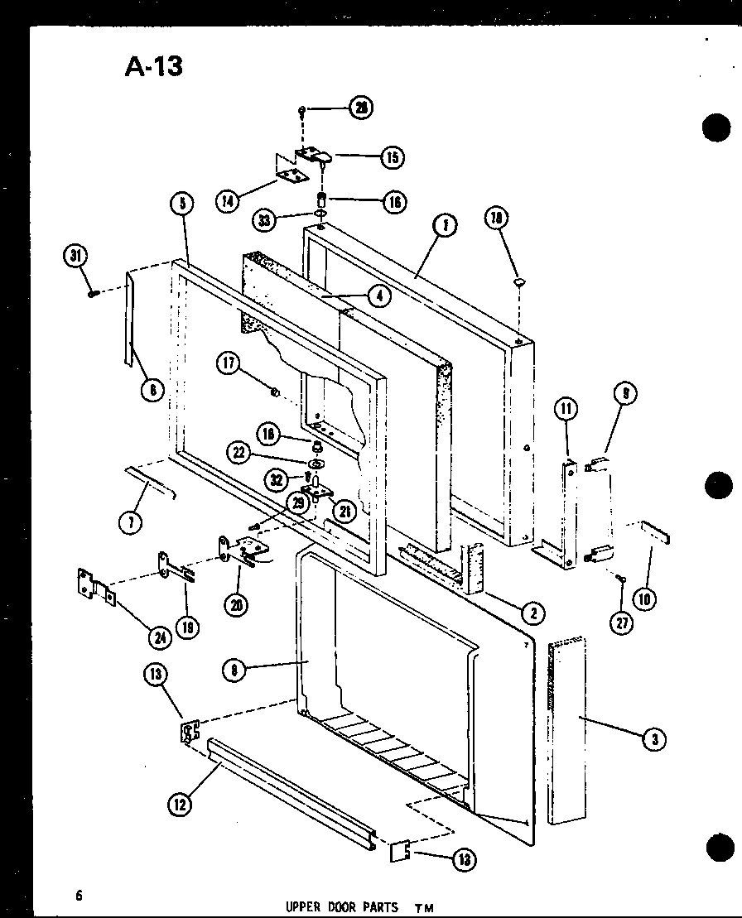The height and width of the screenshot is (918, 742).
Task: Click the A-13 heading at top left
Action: tap(154, 66)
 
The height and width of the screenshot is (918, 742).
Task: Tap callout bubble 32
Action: tap(278, 478)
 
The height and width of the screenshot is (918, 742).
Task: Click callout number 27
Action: tap(621, 623)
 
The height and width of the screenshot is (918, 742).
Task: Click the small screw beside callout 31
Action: tap(94, 291)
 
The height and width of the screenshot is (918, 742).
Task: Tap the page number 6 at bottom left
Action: tap(79, 894)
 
